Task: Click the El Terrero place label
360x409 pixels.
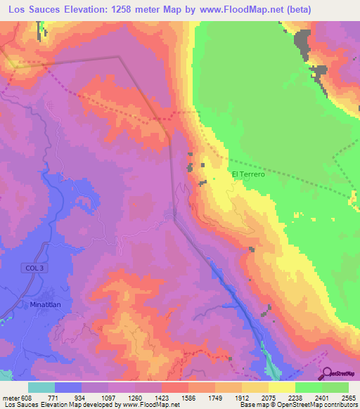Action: [247, 174]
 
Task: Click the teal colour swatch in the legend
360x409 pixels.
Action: [41, 387]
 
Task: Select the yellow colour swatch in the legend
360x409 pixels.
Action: [281, 387]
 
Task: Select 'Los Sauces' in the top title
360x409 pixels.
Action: [31, 10]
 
